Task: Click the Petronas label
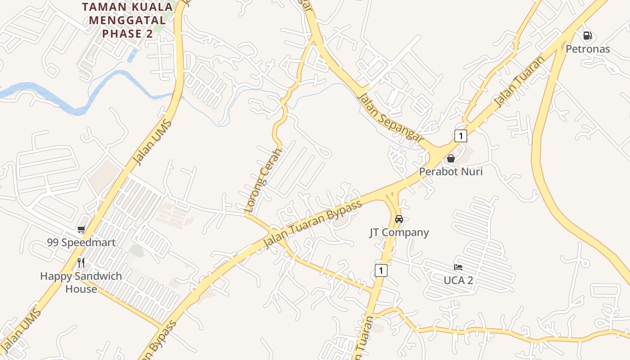(587, 49)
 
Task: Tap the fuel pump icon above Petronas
(587, 35)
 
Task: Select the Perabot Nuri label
(450, 171)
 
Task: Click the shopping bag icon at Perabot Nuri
(450, 158)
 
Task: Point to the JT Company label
(399, 232)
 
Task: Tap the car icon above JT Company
(399, 219)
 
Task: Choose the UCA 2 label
(458, 280)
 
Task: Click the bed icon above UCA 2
(458, 267)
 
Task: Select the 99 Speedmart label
(81, 243)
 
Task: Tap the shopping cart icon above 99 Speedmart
(81, 229)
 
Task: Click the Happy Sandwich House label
(81, 282)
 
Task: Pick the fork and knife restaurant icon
(81, 262)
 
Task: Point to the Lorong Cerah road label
(263, 180)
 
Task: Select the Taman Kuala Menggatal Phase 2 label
(127, 20)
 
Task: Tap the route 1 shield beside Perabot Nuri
(460, 135)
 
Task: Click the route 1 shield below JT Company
(381, 270)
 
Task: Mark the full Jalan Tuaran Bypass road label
(313, 224)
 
